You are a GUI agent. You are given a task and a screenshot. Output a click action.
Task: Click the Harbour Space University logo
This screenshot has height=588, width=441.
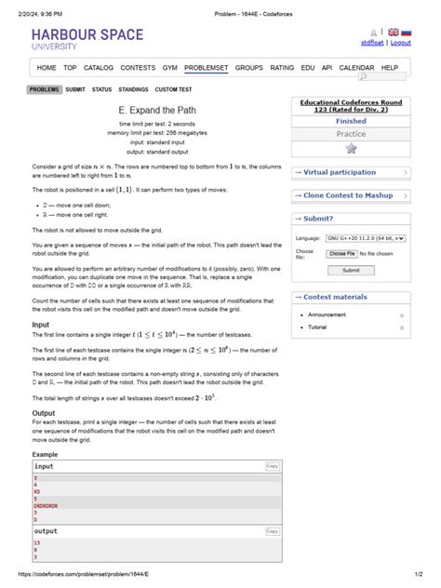tap(88, 39)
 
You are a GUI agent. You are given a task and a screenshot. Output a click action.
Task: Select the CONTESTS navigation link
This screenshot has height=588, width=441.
tap(138, 68)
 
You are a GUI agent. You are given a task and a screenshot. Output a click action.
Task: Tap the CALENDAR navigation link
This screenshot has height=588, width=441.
tap(356, 68)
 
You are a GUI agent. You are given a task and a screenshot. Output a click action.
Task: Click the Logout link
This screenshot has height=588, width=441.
tap(401, 43)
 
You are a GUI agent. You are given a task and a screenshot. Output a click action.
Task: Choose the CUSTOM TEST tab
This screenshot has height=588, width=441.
tap(173, 89)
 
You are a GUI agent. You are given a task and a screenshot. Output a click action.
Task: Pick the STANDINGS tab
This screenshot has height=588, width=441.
tap(133, 89)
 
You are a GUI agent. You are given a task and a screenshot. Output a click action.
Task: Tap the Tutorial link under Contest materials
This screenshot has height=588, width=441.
tap(317, 327)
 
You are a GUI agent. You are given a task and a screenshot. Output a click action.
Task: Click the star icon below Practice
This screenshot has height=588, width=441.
tap(351, 148)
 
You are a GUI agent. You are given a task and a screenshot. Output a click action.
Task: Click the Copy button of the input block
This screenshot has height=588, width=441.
tap(273, 466)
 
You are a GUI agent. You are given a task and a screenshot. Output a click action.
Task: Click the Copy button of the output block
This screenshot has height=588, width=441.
tap(273, 531)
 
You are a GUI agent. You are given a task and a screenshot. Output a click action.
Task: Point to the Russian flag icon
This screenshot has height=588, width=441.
tap(406, 33)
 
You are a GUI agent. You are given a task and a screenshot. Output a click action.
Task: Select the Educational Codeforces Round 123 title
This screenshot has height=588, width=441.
tap(351, 106)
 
